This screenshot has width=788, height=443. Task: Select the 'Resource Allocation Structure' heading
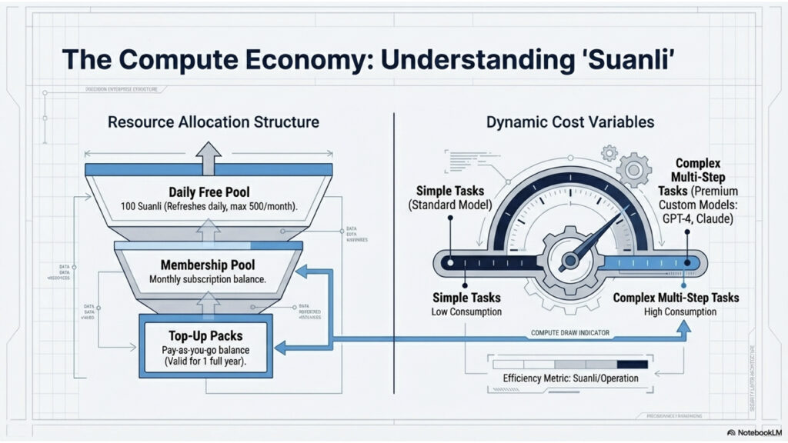[x=213, y=122]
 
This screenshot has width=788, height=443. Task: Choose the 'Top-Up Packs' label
[x=205, y=336]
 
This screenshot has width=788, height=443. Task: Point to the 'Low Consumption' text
[x=466, y=311]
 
